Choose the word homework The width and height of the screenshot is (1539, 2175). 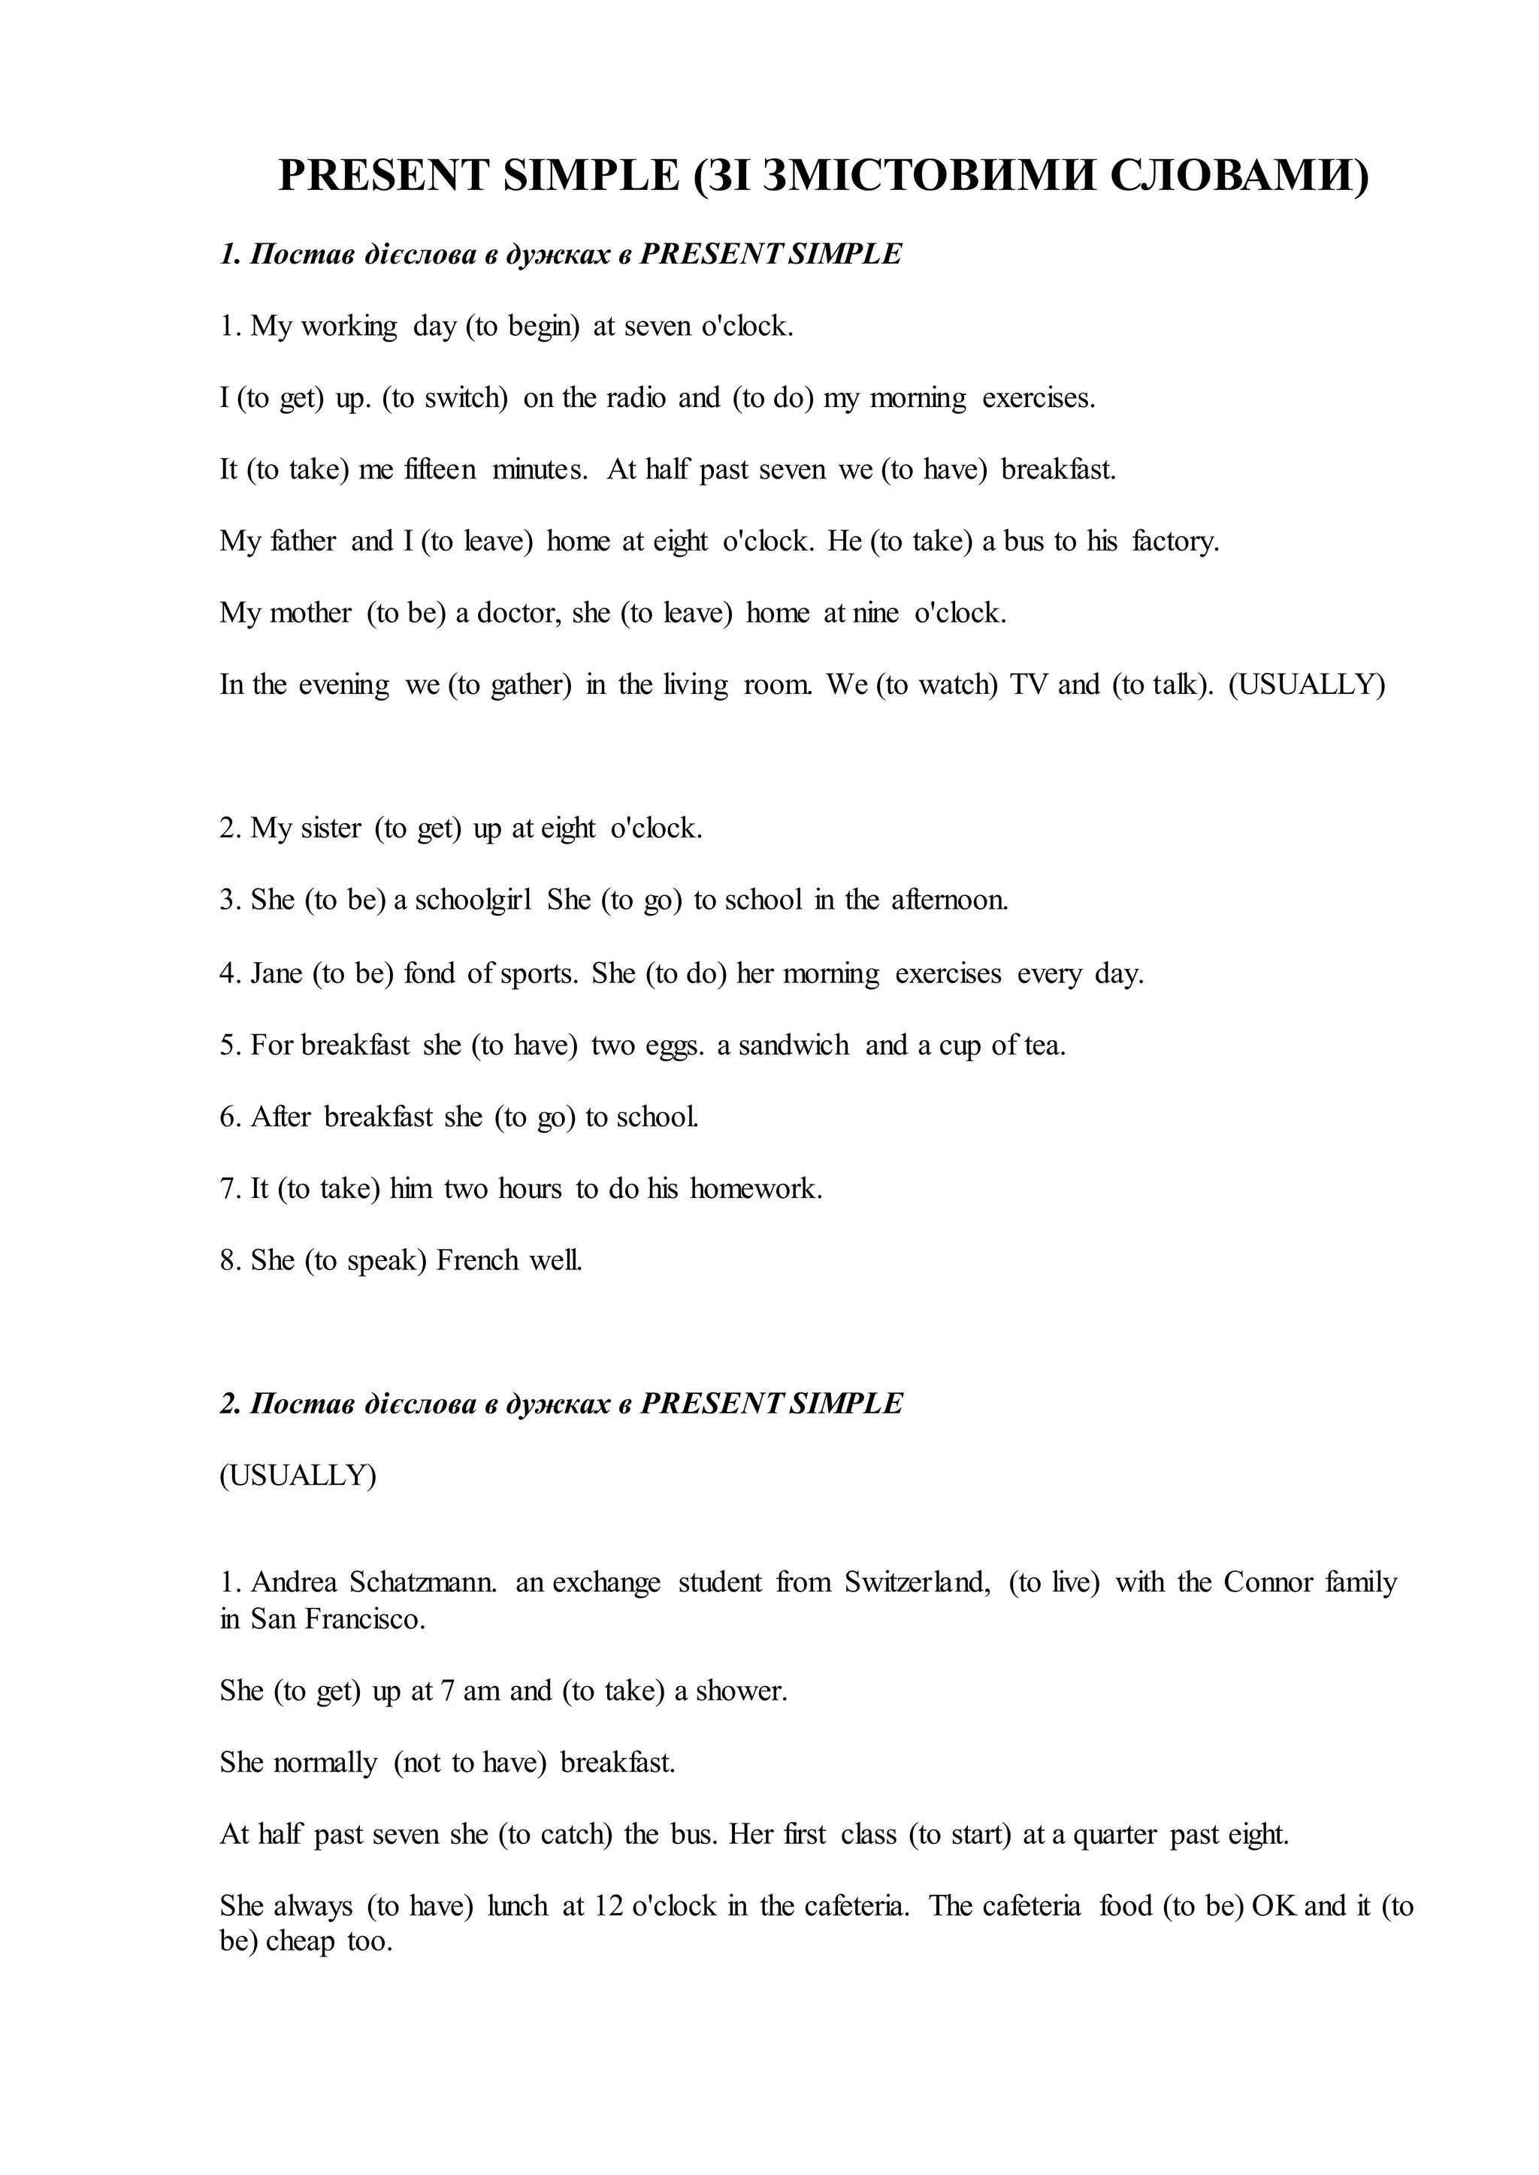tap(755, 1189)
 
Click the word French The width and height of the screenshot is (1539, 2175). tap(479, 1261)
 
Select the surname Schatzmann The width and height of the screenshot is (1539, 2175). tap(424, 1583)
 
